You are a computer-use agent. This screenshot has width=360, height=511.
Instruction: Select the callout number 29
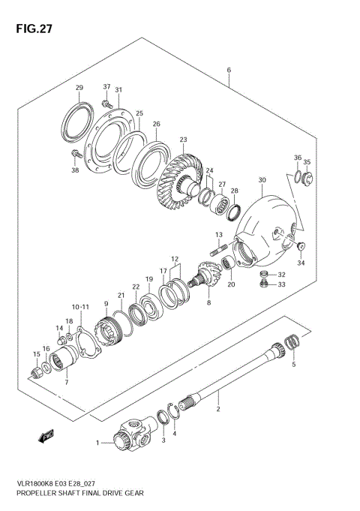[79, 89]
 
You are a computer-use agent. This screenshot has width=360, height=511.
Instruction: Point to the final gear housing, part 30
[266, 218]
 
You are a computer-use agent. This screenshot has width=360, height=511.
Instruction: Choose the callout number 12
[174, 260]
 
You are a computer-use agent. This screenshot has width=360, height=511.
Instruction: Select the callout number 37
[106, 86]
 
